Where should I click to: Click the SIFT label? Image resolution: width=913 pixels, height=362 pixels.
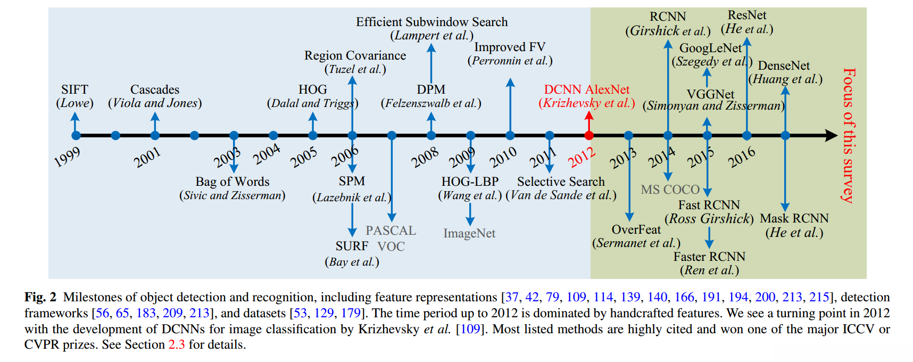click(74, 89)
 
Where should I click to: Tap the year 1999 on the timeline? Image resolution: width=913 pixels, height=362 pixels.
click(68, 157)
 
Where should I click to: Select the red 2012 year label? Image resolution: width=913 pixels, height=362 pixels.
click(581, 158)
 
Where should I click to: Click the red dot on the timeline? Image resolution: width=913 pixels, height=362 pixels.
click(588, 135)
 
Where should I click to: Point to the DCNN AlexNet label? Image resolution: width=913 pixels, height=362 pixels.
click(586, 89)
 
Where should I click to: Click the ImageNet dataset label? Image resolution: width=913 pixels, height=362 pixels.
click(469, 233)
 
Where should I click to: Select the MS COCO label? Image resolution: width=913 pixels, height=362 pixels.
click(670, 190)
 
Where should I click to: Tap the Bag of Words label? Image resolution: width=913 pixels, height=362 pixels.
click(233, 182)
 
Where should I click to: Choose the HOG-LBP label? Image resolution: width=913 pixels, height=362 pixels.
click(470, 182)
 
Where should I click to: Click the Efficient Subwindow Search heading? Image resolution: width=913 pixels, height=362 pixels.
click(431, 22)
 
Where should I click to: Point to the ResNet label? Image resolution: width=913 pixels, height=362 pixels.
click(747, 15)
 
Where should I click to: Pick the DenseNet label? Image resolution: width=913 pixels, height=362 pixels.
click(784, 65)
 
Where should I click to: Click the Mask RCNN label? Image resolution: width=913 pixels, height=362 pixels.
click(794, 218)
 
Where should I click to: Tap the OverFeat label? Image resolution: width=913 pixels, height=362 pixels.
click(636, 229)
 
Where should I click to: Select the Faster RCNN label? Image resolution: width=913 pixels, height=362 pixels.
click(709, 257)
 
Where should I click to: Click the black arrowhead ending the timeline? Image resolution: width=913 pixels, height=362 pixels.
click(832, 135)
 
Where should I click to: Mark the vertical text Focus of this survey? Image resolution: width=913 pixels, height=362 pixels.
click(849, 135)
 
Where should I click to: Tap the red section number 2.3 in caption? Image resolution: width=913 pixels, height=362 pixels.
click(177, 344)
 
